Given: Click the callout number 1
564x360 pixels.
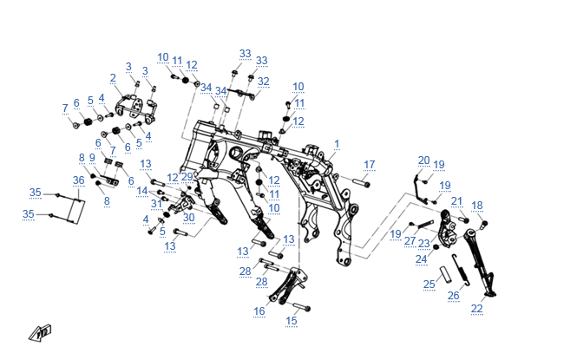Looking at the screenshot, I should click(x=337, y=143).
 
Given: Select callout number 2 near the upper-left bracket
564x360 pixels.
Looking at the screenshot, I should click(x=113, y=78).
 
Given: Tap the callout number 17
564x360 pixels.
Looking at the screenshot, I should click(x=369, y=164).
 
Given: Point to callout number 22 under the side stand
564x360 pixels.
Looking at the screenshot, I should click(x=477, y=309).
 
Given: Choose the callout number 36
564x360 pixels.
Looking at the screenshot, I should click(x=78, y=180).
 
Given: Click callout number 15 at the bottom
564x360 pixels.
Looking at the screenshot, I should click(x=292, y=320).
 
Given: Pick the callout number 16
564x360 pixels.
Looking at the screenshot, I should click(x=259, y=310).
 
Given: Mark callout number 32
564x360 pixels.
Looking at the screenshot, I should click(x=263, y=82).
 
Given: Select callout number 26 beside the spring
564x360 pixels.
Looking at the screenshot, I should click(x=453, y=295).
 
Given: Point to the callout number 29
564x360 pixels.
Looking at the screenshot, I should click(x=187, y=177).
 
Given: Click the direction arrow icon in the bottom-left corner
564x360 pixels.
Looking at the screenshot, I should click(x=40, y=331).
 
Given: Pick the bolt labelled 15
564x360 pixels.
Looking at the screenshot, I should click(x=301, y=307).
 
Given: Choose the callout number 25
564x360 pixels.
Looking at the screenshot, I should click(x=429, y=284).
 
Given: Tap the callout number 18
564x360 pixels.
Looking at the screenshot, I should click(x=476, y=206).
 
